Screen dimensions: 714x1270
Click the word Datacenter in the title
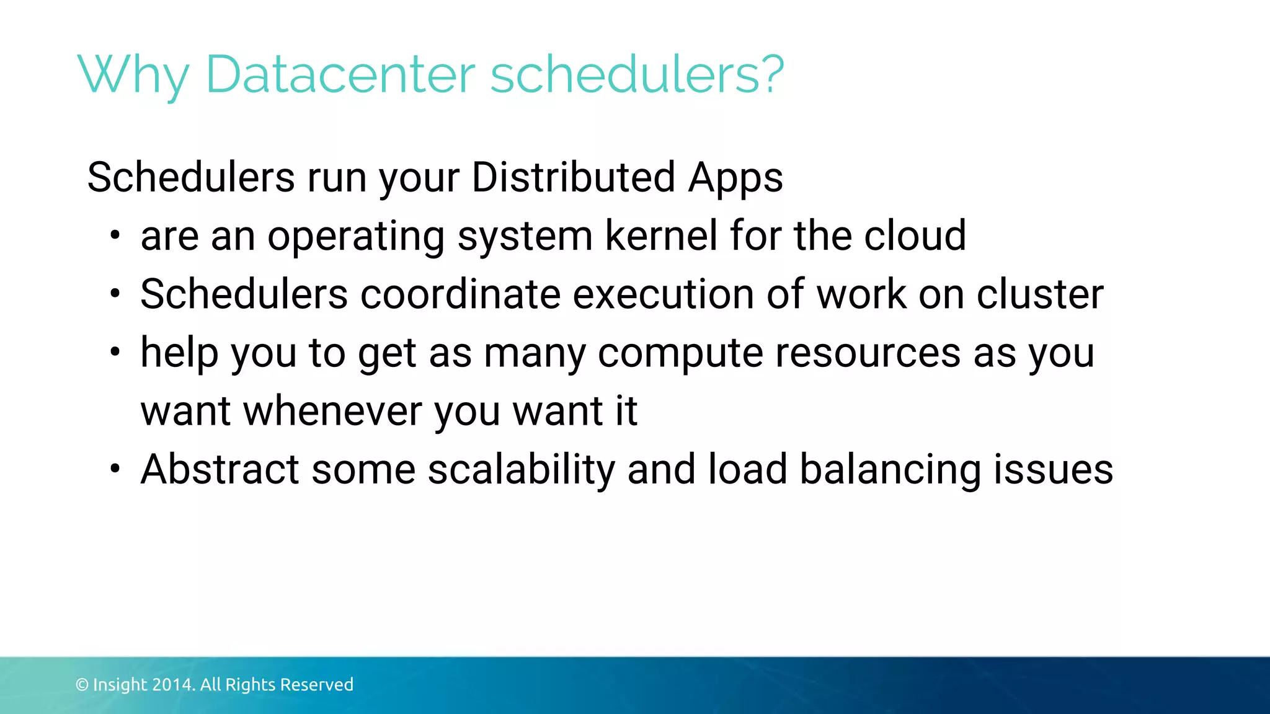click(x=340, y=74)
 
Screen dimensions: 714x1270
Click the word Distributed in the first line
click(x=573, y=177)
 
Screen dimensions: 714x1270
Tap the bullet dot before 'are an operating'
click(x=115, y=236)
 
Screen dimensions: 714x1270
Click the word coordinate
click(x=460, y=294)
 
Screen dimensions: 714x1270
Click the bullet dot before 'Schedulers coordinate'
click(x=115, y=294)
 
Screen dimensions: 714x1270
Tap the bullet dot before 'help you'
click(x=115, y=353)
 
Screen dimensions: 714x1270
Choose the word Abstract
click(x=220, y=469)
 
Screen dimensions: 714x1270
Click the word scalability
click(x=521, y=470)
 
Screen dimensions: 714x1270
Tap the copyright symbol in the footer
click(x=82, y=685)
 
